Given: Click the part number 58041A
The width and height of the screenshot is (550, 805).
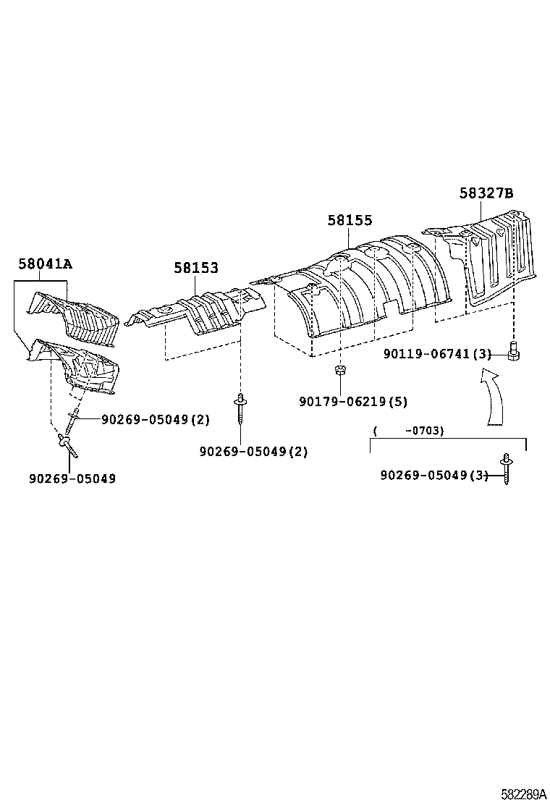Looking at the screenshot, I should (45, 264).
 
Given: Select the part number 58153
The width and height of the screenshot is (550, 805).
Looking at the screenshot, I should (195, 268).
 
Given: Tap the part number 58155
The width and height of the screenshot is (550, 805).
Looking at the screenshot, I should (350, 220).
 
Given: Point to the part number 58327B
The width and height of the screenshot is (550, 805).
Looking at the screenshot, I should (486, 193).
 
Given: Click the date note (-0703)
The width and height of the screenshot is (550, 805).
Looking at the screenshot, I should (408, 430).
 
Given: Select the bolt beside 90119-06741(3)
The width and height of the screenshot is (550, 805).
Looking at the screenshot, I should (515, 353).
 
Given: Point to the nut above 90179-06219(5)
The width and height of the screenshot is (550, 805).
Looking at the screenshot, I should (339, 371).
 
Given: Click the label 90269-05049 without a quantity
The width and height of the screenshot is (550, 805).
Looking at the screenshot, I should (72, 479).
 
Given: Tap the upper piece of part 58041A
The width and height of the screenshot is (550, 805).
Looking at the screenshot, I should (72, 313).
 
